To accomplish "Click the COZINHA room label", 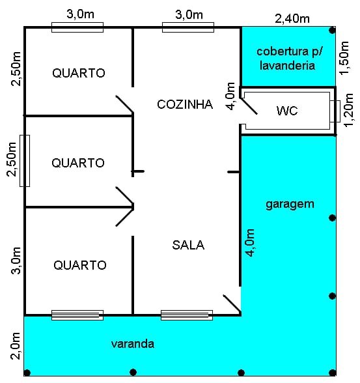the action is pos(185,104).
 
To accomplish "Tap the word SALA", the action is pos(188,245).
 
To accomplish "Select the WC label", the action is pos(287,111).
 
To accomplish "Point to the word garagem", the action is pos(290,205).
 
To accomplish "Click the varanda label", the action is pos(133,344).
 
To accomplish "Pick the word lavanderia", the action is pos(287,65).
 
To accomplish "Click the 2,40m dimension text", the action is pos(292,19).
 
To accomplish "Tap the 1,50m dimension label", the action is pos(344,57).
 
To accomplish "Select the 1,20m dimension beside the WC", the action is pos(348,110).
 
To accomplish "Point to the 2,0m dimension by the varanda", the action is pos(15,346).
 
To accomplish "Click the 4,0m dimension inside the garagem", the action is pos(250,242).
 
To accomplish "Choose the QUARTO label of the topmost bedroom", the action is pos(79,73).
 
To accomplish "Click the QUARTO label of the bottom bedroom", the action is pos(80,265).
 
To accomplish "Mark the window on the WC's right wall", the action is pos(335,111).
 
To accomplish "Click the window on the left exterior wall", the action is pos(25,161).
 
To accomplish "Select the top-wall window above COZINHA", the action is pos(188,27).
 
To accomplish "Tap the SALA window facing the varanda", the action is pos(187,315).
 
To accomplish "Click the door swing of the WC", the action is pos(249,106).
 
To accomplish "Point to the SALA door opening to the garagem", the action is pos(232,304).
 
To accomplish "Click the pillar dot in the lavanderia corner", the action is pos(332,31).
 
